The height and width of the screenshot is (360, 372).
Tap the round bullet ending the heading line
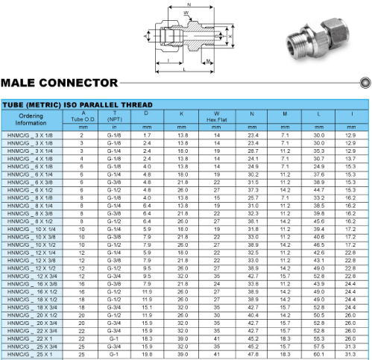(x=365, y=83)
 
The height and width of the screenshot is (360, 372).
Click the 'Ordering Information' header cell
(x=31, y=119)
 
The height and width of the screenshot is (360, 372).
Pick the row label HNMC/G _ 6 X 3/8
(x=30, y=183)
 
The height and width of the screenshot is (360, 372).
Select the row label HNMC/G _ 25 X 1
(x=30, y=354)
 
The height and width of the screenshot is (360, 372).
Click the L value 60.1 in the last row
(x=319, y=354)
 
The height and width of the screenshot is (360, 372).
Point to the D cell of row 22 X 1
(x=147, y=338)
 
